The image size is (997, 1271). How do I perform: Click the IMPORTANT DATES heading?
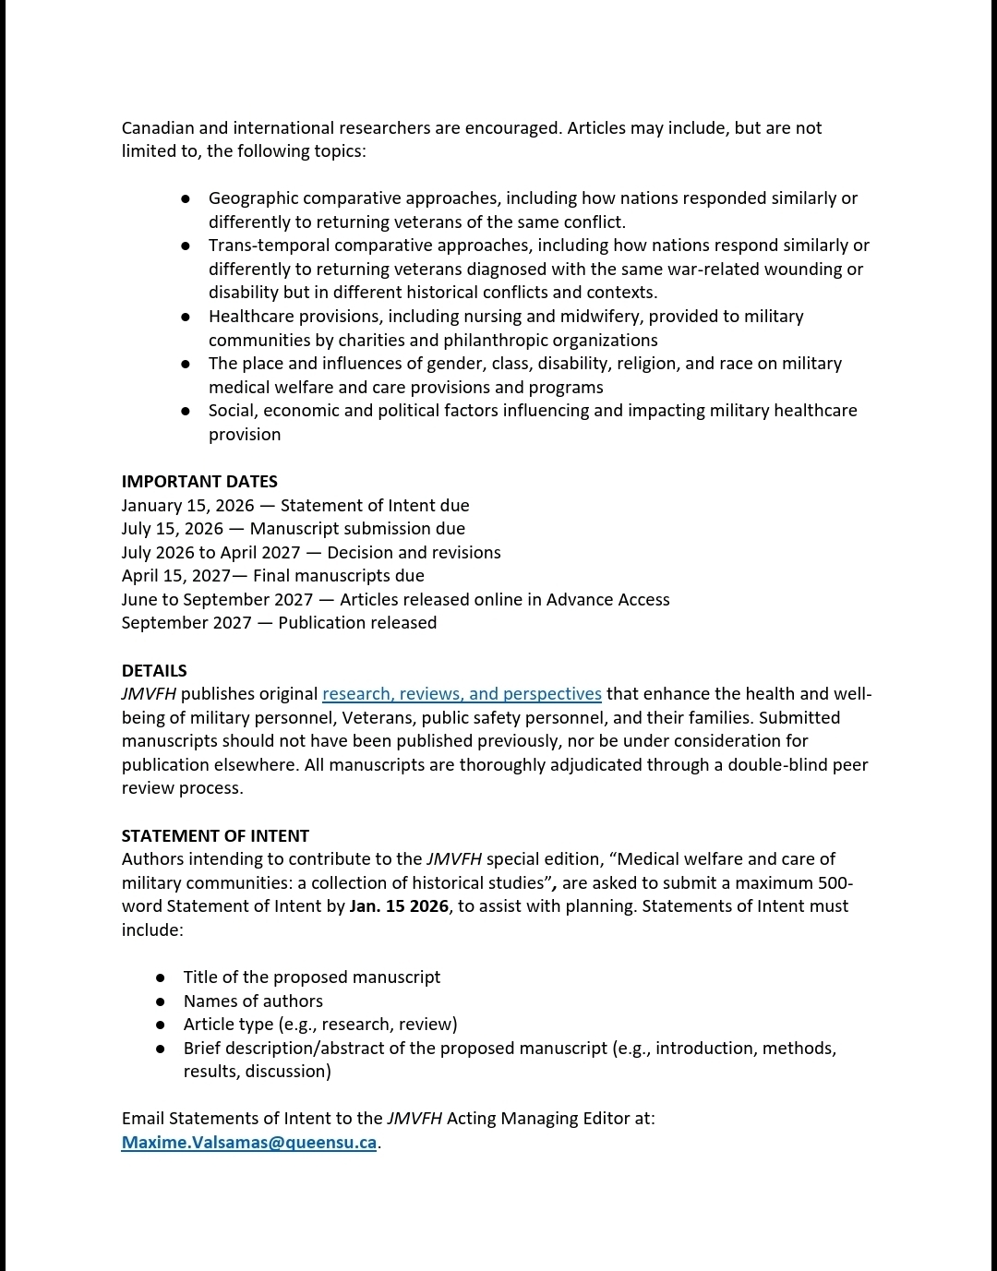point(199,482)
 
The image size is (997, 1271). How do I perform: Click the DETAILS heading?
point(154,671)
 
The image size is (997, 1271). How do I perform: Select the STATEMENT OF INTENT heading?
point(215,836)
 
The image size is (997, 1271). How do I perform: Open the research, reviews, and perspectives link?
point(462,694)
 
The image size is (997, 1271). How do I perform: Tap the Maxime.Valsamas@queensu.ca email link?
point(249,1143)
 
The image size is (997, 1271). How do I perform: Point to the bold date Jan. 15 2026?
point(399,906)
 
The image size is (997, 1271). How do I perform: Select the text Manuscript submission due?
point(357,529)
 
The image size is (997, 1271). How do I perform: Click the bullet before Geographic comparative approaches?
point(186,198)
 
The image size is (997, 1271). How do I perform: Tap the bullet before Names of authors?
point(161,1001)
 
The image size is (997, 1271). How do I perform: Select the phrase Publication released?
point(357,623)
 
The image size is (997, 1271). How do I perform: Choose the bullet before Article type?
point(161,1025)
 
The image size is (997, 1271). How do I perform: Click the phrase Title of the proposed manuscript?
point(311,977)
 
